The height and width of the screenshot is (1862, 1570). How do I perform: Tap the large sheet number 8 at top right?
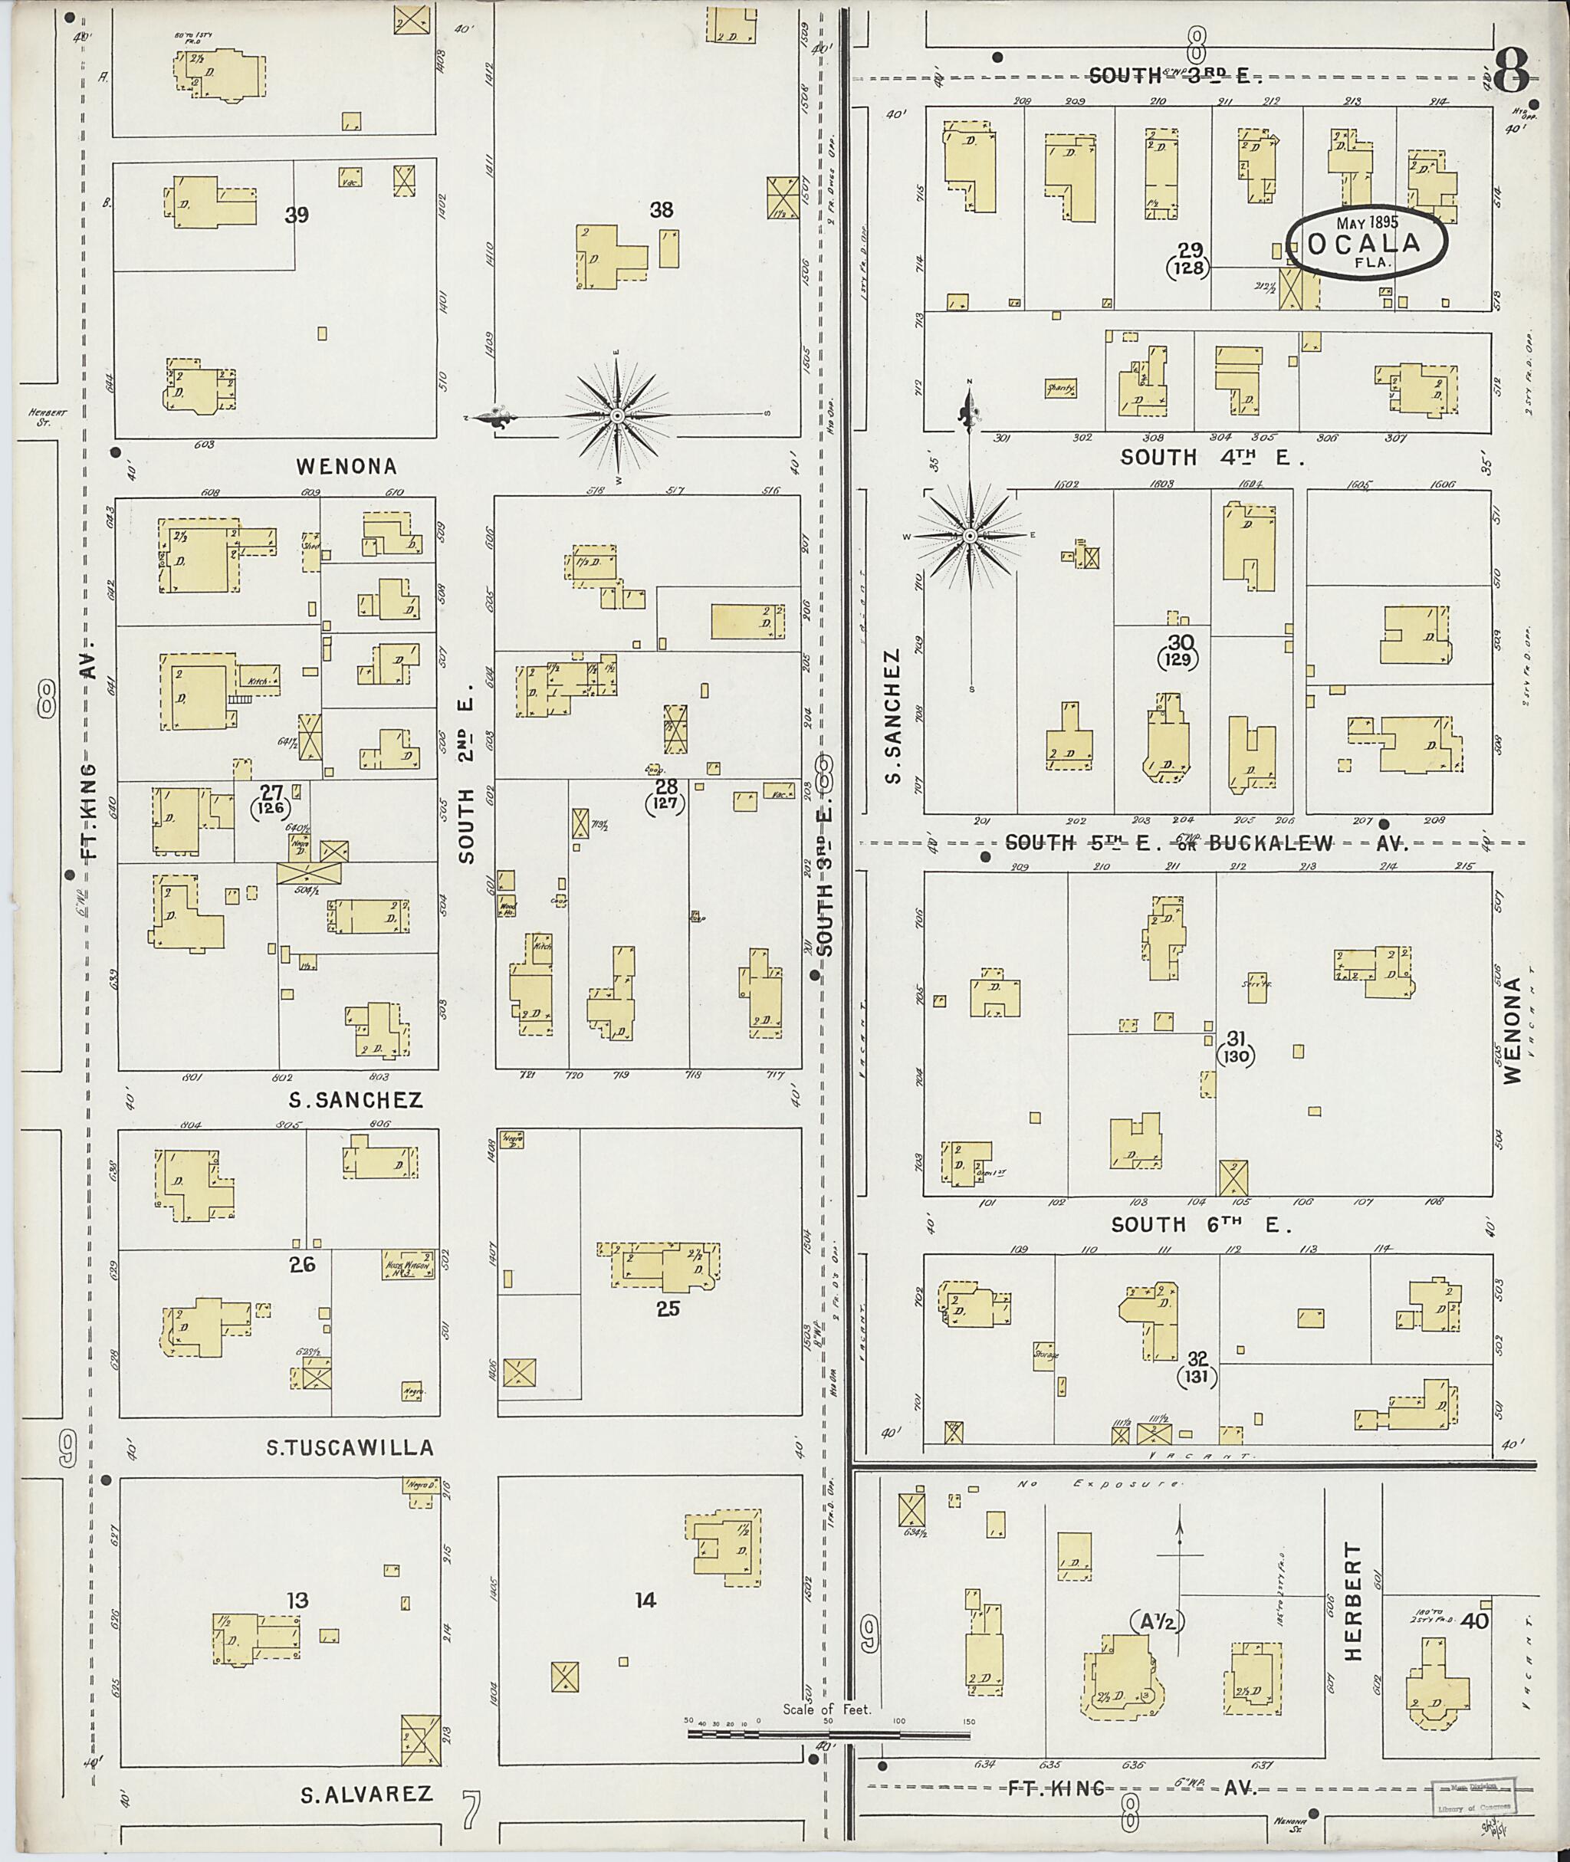(x=1510, y=71)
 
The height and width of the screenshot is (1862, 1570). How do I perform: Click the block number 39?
(x=297, y=215)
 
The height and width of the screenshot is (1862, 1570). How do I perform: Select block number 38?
(x=662, y=210)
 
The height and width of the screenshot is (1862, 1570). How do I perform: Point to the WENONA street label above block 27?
(x=347, y=466)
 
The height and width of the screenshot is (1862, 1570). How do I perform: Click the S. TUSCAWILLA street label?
(x=350, y=1448)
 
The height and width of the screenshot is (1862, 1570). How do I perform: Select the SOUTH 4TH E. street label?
(x=1212, y=458)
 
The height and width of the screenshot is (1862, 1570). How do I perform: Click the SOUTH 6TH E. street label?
(x=1201, y=1226)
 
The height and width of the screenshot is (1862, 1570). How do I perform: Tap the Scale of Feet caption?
(x=827, y=1709)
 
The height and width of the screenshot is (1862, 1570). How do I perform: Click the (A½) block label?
(x=1154, y=1622)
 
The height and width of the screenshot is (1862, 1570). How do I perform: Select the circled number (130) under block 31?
(x=1238, y=1057)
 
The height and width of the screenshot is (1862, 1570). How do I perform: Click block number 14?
(x=645, y=1601)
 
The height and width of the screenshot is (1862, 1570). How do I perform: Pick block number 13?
(x=297, y=1601)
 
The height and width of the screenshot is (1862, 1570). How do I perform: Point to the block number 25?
(x=668, y=1309)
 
